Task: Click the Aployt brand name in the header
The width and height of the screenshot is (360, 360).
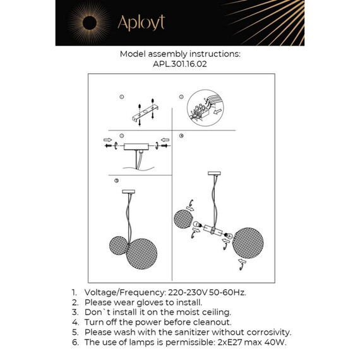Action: (x=141, y=23)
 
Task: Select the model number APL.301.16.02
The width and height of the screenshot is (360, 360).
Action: (x=180, y=64)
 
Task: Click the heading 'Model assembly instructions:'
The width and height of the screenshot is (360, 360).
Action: (x=180, y=54)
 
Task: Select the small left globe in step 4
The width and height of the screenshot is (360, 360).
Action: (x=184, y=220)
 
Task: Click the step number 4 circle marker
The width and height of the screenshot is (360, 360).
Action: (x=181, y=135)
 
